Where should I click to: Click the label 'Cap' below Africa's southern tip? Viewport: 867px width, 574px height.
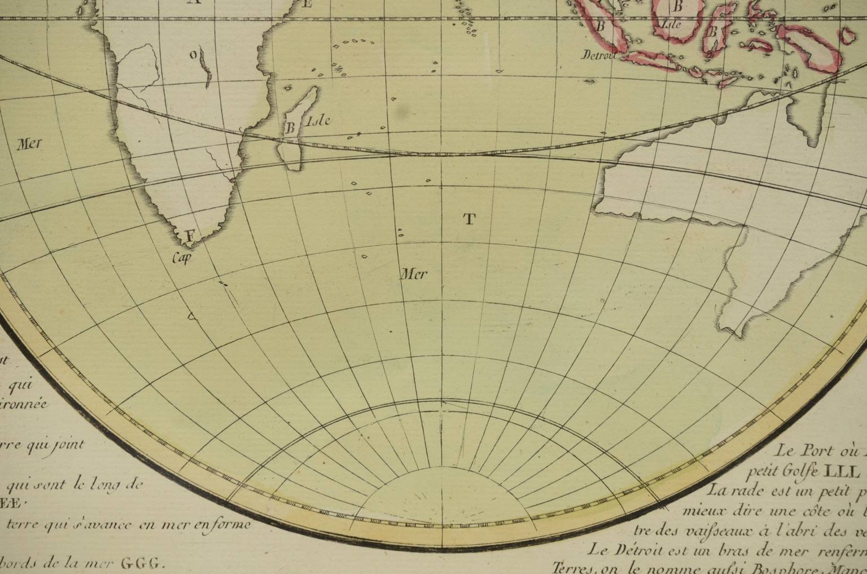(x=183, y=258)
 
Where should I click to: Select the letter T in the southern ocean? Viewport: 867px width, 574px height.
(x=470, y=220)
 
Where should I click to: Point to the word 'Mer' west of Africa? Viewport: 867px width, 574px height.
(x=29, y=143)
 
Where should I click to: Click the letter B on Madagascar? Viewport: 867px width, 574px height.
(x=290, y=128)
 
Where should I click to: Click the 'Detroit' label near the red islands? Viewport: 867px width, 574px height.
(x=598, y=55)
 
